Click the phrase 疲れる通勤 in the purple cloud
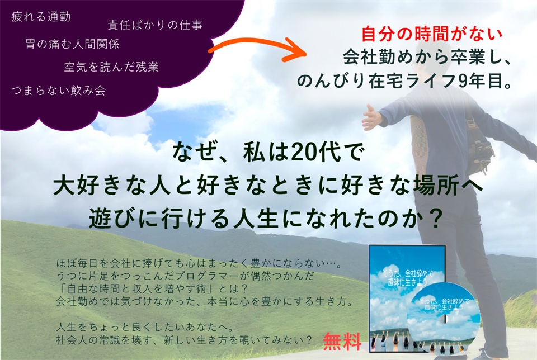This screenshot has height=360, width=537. coord(41,16)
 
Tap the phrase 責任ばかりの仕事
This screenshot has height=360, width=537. coord(155,25)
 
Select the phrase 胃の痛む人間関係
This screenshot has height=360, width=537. coord(72,44)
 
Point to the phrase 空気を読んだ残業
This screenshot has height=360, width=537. coord(111,67)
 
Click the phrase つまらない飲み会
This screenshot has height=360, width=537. coord(58,91)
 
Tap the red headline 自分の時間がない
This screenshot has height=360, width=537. coord(432,34)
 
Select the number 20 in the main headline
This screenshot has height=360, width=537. coord(303,152)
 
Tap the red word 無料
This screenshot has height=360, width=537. coord(342,342)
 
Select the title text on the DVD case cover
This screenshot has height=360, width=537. coord(408,277)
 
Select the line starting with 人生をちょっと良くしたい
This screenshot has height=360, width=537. coord(145,327)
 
